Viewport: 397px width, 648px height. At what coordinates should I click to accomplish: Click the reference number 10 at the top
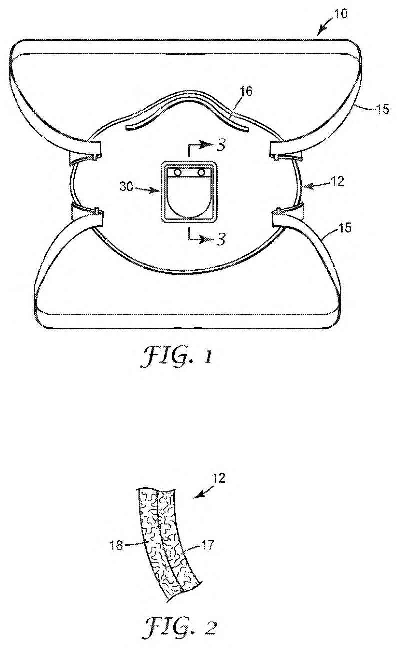pos(341,14)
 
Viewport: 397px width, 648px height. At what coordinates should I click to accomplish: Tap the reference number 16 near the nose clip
pos(246,91)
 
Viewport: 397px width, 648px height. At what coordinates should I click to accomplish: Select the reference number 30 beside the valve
pos(127,187)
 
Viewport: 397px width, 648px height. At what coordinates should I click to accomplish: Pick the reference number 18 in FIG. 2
pos(116,547)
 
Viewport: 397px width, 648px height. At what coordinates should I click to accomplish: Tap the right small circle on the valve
pos(200,173)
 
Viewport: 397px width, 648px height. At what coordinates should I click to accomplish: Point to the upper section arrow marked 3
pos(202,146)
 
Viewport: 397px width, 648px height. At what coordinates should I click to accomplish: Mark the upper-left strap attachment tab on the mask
pos(86,151)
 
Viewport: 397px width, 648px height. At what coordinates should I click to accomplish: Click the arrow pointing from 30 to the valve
pos(148,189)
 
